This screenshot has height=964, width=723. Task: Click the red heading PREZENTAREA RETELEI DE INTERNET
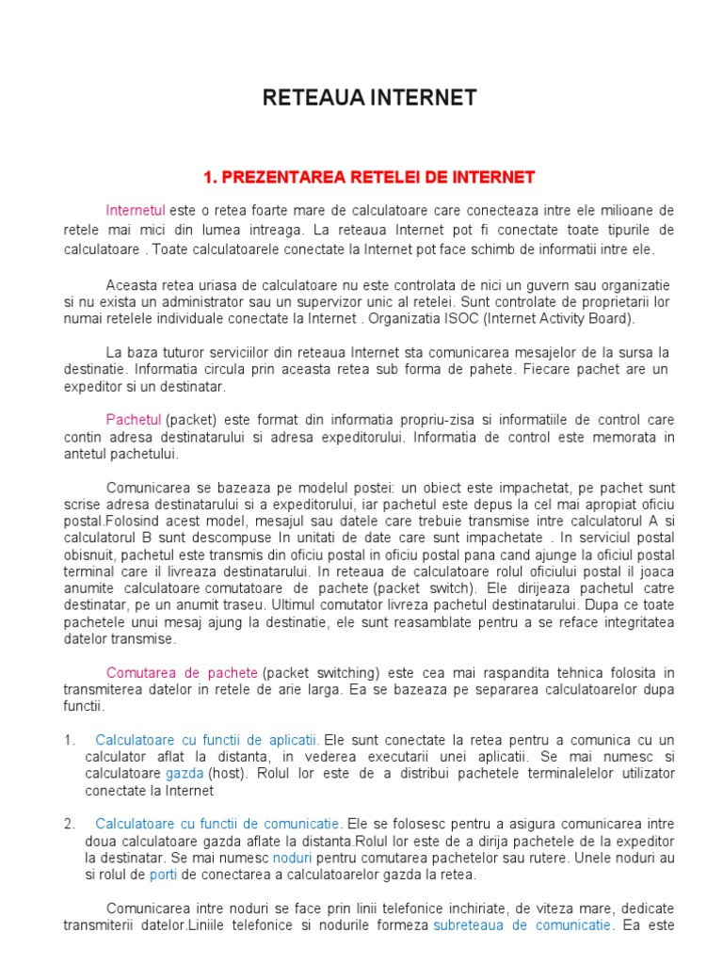click(369, 176)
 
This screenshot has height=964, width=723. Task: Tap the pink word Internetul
click(136, 209)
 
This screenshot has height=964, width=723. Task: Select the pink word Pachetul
click(134, 418)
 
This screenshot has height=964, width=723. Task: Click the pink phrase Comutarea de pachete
click(182, 672)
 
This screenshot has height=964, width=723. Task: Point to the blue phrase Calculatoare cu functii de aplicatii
click(207, 740)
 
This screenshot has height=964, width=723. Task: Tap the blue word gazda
click(185, 773)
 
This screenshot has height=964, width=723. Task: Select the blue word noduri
click(291, 858)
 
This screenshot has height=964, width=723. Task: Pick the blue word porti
click(163, 875)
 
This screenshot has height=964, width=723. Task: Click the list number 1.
click(69, 740)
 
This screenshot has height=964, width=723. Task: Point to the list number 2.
click(69, 824)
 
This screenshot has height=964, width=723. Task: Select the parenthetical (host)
click(227, 773)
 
